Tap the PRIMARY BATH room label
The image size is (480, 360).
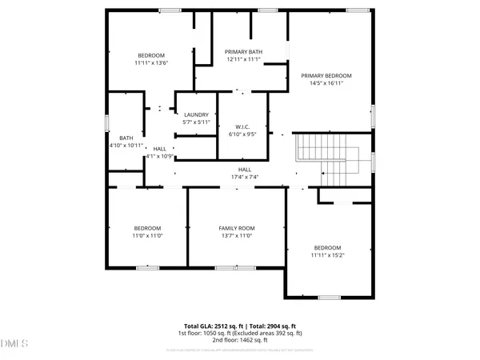coord(244,52)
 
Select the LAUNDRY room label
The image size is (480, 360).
coord(196,114)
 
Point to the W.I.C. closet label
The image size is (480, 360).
coord(244,127)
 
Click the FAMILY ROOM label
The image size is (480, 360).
coord(236,229)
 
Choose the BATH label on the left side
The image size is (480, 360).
coord(126,138)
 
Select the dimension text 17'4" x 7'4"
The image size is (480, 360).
coord(245,176)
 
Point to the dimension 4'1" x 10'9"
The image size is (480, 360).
coord(160,156)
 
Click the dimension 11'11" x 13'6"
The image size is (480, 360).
coord(150,62)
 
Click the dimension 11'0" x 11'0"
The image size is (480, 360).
coord(147,236)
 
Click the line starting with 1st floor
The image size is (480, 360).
coord(240,333)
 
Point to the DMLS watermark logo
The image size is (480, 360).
coord(14,345)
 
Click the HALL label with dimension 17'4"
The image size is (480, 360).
coord(245,169)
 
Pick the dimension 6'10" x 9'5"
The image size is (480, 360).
coord(244,134)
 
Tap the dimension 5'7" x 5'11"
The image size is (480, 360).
coord(196,122)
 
